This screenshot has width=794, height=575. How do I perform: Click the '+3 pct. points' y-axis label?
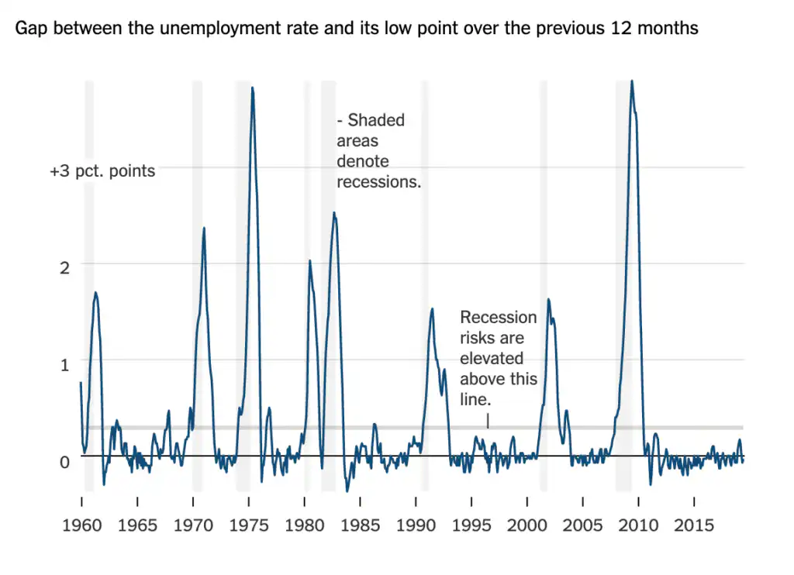click(102, 171)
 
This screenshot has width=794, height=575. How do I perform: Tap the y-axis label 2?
click(64, 267)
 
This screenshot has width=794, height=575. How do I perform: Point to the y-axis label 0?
click(64, 462)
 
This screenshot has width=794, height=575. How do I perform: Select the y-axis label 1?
click(64, 364)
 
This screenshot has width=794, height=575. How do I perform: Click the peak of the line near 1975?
click(252, 88)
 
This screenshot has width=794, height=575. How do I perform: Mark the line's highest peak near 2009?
click(632, 81)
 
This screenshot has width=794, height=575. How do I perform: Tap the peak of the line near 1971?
click(204, 228)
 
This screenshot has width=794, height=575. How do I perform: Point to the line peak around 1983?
click(334, 212)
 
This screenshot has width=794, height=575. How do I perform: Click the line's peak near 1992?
click(432, 308)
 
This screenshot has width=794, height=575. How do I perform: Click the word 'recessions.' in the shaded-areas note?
click(378, 183)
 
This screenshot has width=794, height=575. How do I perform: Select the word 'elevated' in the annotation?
click(492, 359)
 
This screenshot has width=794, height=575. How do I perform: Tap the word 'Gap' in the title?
click(29, 29)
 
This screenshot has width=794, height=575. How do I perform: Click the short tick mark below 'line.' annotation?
click(488, 420)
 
